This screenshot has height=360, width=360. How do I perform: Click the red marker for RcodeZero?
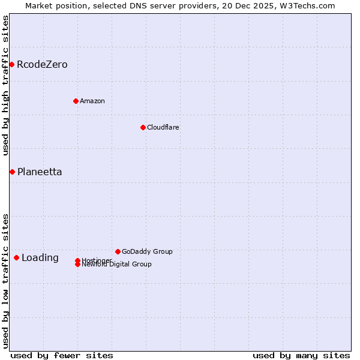pos(11,64)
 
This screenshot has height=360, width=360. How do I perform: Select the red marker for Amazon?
pos(76,101)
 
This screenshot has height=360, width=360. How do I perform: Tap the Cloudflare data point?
pos(143,127)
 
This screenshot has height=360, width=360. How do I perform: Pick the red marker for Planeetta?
pos(12,172)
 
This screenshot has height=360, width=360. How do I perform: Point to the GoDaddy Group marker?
pos(118,251)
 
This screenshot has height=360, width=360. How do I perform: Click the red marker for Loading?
pos(16,257)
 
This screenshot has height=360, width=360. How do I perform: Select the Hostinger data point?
pos(77,260)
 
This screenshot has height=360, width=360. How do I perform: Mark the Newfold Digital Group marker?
pos(77,265)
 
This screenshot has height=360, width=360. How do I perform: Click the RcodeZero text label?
pos(42,64)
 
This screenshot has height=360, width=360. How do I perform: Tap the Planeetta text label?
pos(40,172)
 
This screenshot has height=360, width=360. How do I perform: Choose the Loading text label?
pos(40,257)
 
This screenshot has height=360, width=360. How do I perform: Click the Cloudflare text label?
pos(163,127)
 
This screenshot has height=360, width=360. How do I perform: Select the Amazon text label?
pos(92,101)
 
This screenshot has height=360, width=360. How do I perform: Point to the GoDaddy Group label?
pos(147,251)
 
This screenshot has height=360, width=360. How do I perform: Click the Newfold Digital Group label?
pos(117,265)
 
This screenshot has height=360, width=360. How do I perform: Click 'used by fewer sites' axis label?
pos(62,355)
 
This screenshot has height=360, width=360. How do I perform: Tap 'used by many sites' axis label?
pos(301,355)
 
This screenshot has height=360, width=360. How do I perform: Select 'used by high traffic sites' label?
pos(6,85)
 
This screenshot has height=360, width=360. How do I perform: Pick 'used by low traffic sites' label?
pos(6,281)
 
